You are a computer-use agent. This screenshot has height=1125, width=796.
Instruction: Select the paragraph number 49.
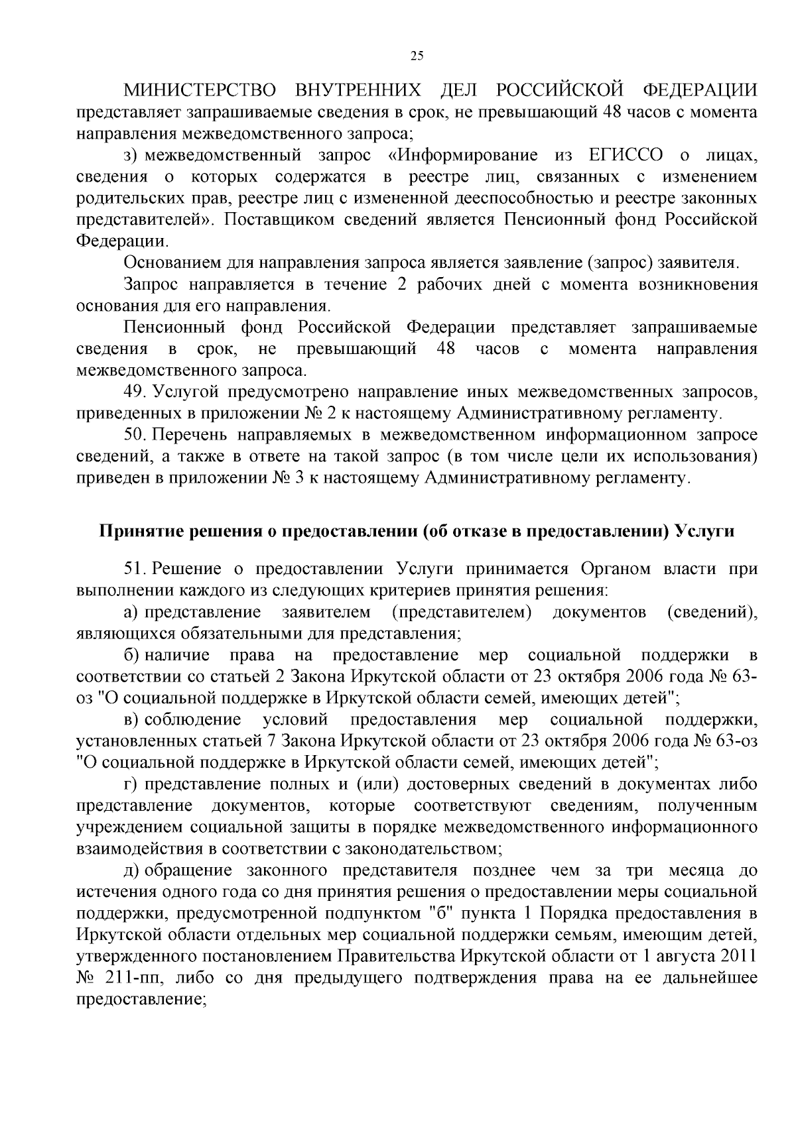135,392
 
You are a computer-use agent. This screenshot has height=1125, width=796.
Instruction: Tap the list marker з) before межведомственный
131,156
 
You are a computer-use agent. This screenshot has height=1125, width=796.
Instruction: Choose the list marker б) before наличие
131,656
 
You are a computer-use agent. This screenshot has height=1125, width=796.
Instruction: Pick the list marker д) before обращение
131,869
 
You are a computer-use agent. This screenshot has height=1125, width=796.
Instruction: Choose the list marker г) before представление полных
131,784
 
